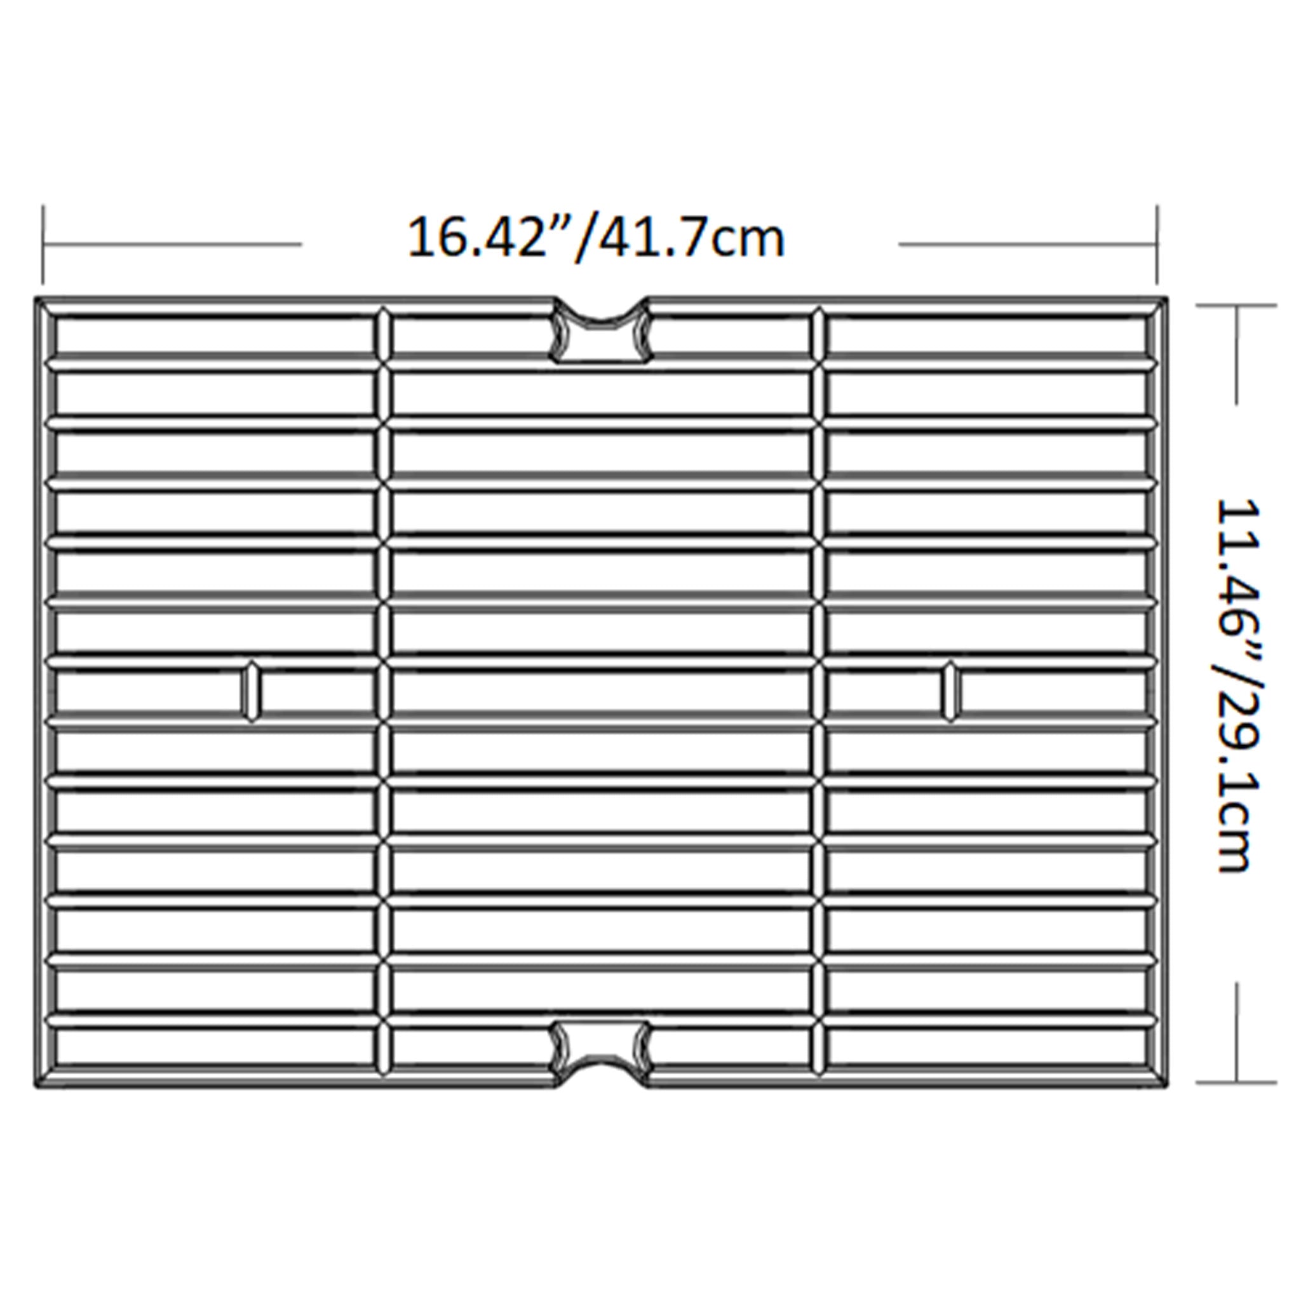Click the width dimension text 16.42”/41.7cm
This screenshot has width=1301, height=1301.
(597, 237)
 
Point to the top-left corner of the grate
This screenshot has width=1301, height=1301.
(35, 298)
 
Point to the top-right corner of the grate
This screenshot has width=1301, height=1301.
(1167, 298)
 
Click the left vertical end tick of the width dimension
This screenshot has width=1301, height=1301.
(43, 245)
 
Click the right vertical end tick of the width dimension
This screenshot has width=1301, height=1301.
(1157, 245)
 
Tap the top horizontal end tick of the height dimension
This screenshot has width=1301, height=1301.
(1236, 306)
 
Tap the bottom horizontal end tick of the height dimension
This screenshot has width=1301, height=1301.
(1236, 1083)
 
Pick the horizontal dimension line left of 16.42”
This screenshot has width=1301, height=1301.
(172, 245)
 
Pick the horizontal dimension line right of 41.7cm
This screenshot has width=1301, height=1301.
(1028, 245)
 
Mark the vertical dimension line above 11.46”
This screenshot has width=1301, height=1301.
(1236, 355)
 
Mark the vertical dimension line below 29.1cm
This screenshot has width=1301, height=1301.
(1236, 1032)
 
